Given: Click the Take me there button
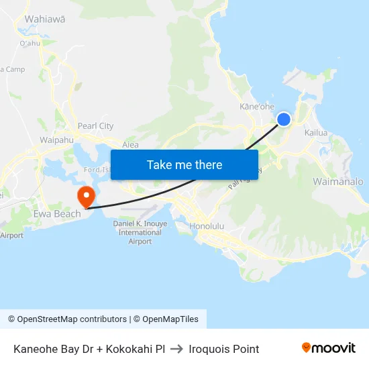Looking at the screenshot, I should (184, 164).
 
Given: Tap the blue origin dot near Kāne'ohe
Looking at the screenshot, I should (284, 119).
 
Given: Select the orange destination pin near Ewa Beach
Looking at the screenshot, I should (87, 196).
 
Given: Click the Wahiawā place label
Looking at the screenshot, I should (45, 19).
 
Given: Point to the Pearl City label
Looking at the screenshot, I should (96, 125).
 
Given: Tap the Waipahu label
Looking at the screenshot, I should (56, 140).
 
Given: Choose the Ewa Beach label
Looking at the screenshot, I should (58, 214).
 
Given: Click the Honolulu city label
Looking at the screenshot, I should (211, 226).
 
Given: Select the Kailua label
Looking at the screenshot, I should (316, 133).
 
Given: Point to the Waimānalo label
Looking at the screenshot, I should (338, 182).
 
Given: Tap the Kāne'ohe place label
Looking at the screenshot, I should (258, 106).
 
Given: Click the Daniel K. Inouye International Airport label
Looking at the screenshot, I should (140, 232).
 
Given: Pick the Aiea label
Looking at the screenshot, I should (130, 145).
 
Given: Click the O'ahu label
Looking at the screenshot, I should (30, 44).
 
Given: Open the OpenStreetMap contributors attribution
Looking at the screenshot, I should (72, 319).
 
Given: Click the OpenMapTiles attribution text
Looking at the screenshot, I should (170, 319).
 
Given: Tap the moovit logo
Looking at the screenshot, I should (329, 348).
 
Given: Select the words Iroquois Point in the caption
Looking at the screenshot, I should (224, 349).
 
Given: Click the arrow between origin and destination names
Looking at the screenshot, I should (177, 349).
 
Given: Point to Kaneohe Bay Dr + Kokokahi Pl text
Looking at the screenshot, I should (89, 349).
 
